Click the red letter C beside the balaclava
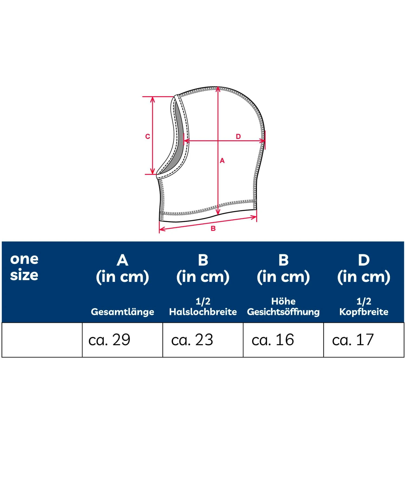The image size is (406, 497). point(148,136)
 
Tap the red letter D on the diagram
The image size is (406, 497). point(238,136)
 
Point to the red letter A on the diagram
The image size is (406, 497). point(222,161)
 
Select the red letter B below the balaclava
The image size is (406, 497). point(213,229)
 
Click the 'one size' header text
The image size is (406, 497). point(24,267)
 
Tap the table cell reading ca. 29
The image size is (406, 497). point(123,340)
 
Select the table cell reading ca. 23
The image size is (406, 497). point(203,340)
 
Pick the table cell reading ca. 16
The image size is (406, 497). point(283,340)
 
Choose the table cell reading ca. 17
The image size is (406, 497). point(364,340)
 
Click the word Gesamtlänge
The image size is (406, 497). point(123,312)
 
